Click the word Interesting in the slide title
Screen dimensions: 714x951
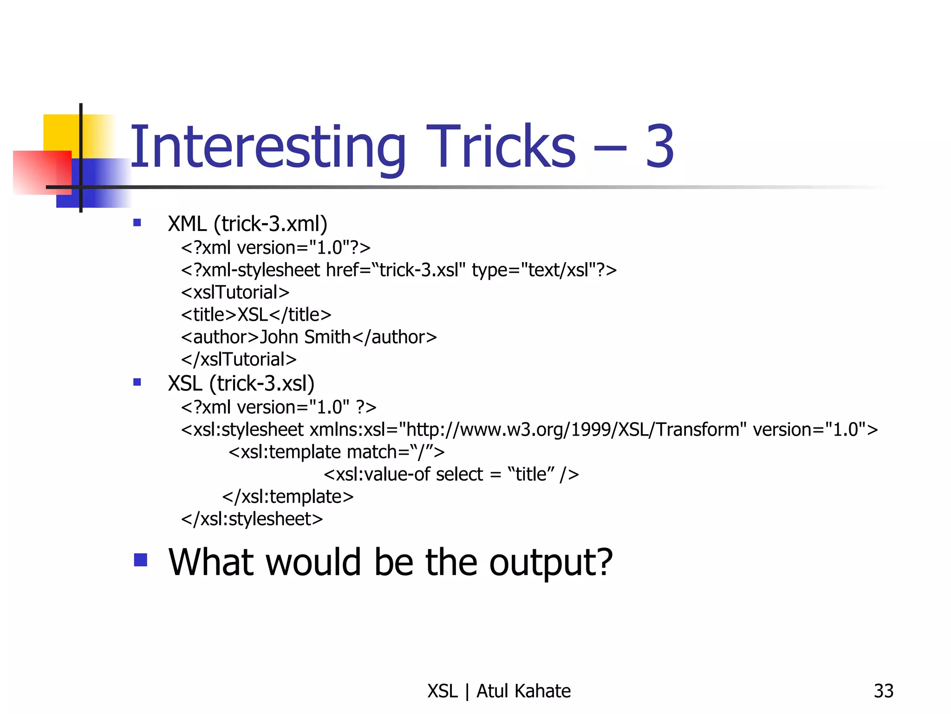(x=268, y=148)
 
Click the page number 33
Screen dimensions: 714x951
(x=883, y=691)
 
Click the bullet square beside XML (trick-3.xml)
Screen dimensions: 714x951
(x=137, y=223)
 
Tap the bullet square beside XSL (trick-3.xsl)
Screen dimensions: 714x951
(x=137, y=383)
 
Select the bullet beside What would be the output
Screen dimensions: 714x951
(x=140, y=560)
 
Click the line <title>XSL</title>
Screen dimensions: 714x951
(x=256, y=315)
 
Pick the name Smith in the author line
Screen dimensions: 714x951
(x=327, y=337)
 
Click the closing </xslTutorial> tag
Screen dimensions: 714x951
(x=239, y=359)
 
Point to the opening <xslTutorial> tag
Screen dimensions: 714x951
(x=235, y=292)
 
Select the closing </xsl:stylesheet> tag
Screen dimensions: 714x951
(x=252, y=519)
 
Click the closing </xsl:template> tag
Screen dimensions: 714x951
(x=288, y=496)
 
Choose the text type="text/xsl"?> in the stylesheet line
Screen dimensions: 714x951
(x=544, y=270)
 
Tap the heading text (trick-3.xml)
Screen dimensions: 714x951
(x=270, y=224)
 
